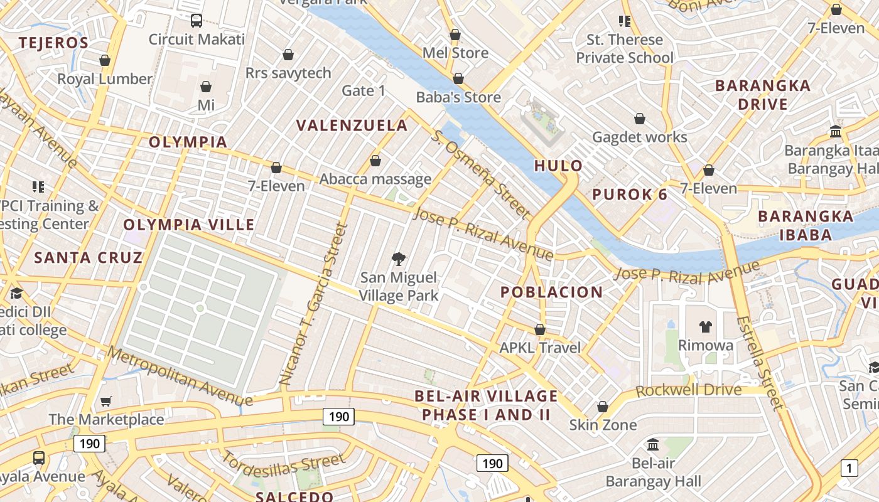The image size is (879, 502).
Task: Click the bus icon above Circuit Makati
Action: point(197,21)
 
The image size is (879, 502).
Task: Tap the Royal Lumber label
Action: point(105,79)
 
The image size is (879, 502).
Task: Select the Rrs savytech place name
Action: point(288,73)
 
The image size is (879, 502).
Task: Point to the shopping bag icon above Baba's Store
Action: point(458,78)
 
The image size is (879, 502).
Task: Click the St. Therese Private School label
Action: point(625,49)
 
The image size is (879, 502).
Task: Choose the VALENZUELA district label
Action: point(352,125)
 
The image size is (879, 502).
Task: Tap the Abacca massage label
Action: point(375,179)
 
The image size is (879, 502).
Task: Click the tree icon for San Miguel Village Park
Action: point(398,259)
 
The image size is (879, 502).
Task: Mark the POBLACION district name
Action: point(552,292)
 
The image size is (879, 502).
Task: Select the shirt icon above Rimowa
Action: point(706,327)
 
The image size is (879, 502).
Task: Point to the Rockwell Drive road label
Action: point(689,390)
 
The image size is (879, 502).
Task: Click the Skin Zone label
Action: point(603,425)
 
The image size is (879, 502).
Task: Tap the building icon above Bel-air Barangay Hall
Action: point(653,445)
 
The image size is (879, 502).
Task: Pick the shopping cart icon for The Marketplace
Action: point(106,401)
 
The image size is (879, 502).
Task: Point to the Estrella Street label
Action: point(760,362)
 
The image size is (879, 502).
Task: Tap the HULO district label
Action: point(559,166)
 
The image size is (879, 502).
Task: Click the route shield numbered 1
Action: point(849,467)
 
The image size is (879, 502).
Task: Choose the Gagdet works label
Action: point(640,137)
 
